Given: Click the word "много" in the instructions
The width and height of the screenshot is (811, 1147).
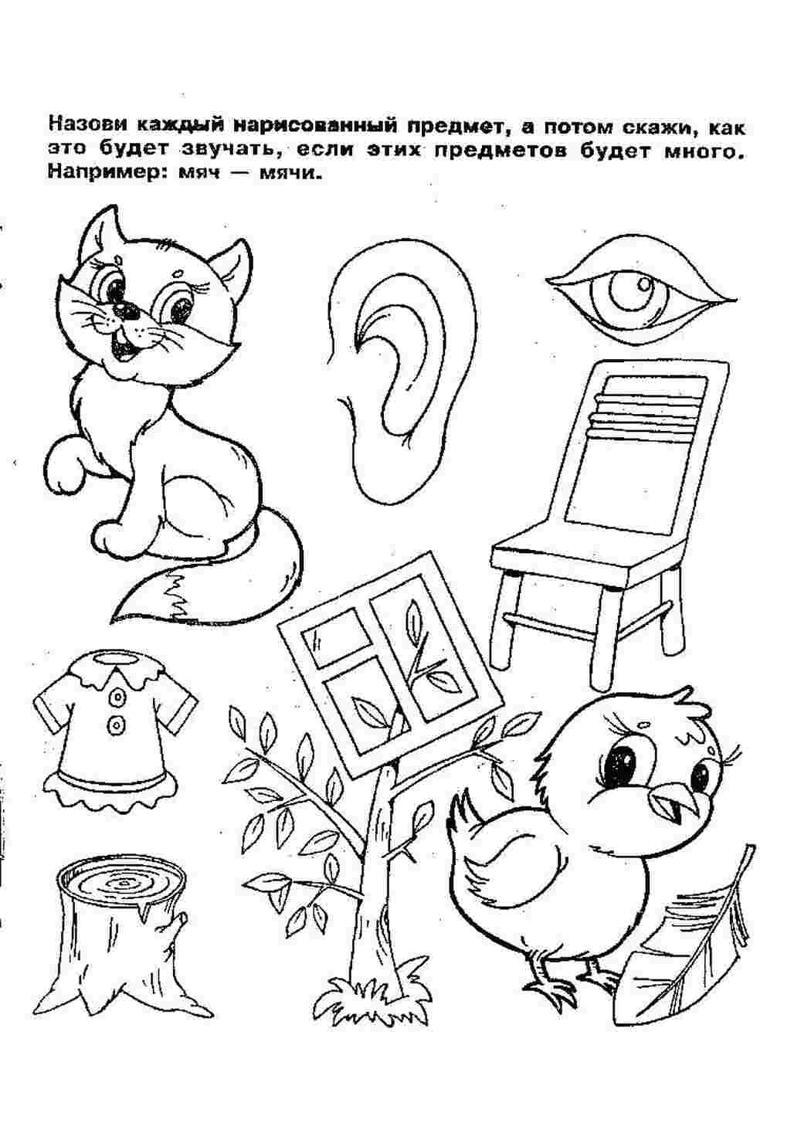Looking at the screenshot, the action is [711, 153].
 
